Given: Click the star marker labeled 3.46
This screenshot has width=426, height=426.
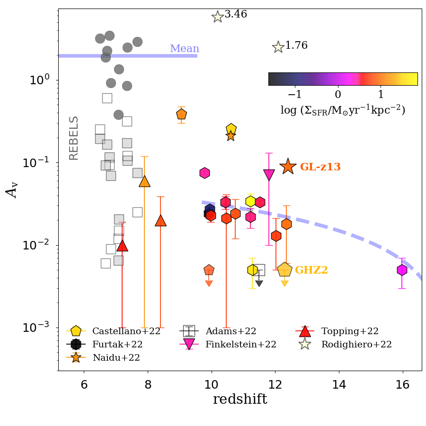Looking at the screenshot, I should [x=217, y=17].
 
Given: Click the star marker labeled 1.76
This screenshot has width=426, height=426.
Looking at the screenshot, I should [x=278, y=47].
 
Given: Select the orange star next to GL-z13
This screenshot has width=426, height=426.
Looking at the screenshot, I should [x=288, y=166].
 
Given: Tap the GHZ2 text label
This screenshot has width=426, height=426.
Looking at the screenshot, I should [x=311, y=270].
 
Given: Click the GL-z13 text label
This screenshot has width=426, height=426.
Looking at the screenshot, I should [x=320, y=167].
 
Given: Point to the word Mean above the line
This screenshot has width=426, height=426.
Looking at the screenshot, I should [x=185, y=49].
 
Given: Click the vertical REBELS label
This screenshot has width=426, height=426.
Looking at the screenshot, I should [x=74, y=138].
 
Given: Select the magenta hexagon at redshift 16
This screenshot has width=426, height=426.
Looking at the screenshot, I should [x=402, y=270].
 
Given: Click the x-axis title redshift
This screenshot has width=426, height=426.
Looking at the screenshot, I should [x=240, y=399].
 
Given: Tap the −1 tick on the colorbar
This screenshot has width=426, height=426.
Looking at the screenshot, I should [x=295, y=93].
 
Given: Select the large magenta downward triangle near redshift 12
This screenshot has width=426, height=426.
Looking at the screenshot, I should [x=269, y=175].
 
